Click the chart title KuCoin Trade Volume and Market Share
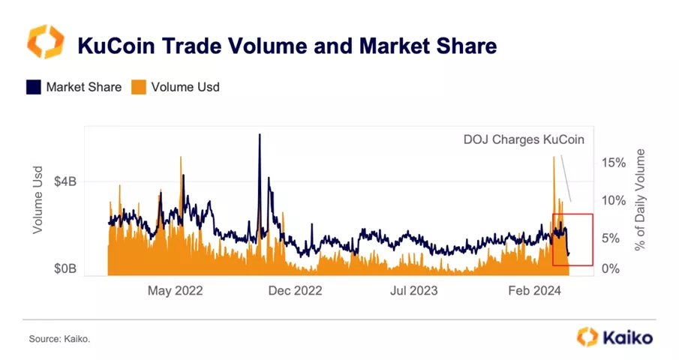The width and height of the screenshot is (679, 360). point(287,46)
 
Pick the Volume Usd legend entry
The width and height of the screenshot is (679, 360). point(177,87)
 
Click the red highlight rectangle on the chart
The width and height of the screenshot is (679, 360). point(572,239)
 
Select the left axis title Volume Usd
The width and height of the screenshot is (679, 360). point(37,200)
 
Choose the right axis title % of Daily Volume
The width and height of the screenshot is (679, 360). point(640,200)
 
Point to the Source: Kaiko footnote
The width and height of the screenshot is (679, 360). point(59,340)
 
